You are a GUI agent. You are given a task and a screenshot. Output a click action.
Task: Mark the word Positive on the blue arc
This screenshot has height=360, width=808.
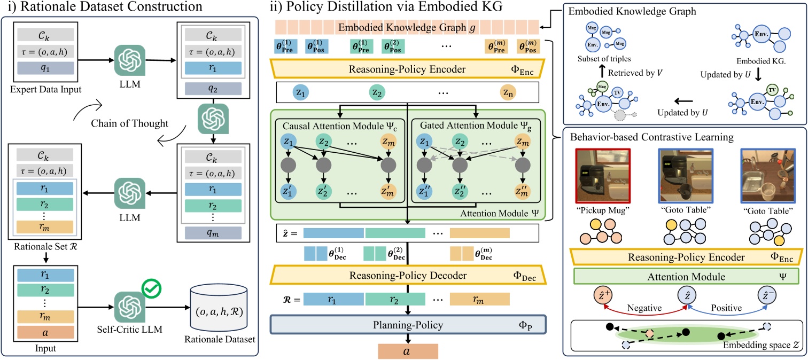pyautogui.click(x=725, y=308)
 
